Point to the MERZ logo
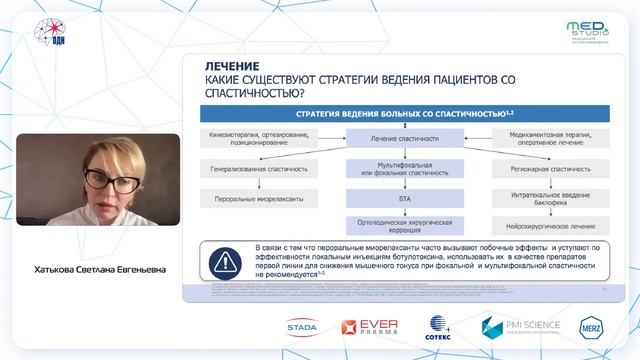tap(596, 327)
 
